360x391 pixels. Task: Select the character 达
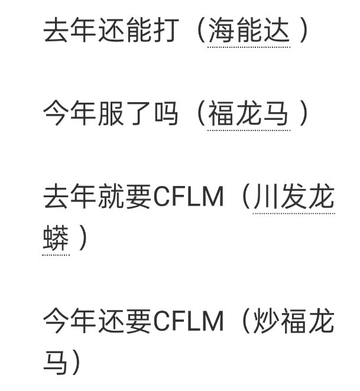click(x=276, y=31)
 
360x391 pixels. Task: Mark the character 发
click(x=293, y=198)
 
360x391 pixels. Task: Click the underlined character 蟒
click(x=56, y=240)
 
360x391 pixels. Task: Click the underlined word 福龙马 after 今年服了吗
click(x=248, y=114)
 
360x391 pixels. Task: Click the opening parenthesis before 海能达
click(x=199, y=31)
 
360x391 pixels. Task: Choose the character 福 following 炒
click(x=293, y=322)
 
